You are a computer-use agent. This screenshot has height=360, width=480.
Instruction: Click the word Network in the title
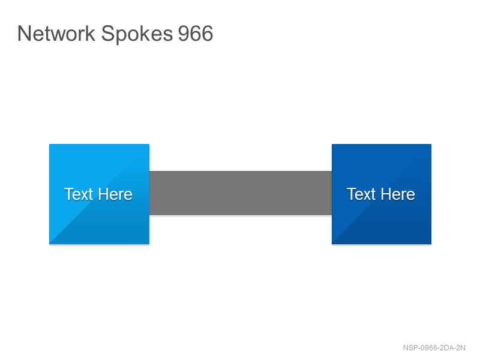(56, 33)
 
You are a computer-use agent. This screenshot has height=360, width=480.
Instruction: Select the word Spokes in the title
(137, 34)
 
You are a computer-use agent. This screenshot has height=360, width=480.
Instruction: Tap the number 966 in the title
(196, 34)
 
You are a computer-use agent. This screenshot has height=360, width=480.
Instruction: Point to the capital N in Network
(24, 33)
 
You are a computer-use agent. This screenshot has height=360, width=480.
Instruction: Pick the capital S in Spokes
(107, 33)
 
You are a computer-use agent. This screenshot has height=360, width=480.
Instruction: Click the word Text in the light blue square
(79, 194)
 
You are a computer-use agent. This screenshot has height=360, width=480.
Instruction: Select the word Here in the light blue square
(115, 194)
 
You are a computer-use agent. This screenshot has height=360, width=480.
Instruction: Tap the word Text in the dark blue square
(361, 194)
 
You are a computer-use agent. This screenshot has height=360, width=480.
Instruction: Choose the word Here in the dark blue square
(398, 194)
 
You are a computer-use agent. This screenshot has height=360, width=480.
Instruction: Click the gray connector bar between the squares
(241, 193)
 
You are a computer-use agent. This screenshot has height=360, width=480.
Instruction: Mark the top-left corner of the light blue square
(50, 145)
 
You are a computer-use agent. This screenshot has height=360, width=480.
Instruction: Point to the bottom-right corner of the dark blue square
(431, 244)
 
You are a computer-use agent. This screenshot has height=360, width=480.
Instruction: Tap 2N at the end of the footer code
(461, 348)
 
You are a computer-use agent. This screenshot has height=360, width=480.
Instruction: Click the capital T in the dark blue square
(351, 194)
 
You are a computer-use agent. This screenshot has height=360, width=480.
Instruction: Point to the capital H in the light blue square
(104, 194)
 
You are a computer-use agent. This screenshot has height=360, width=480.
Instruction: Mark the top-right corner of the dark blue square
(431, 145)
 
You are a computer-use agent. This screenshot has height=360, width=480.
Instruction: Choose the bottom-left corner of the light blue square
(50, 244)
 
